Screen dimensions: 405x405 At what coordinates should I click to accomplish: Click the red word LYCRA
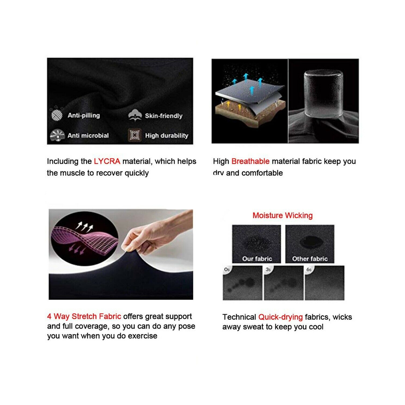[107, 161]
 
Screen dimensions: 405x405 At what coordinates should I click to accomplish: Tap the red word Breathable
[250, 161]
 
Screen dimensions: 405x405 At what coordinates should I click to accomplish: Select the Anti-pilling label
[84, 115]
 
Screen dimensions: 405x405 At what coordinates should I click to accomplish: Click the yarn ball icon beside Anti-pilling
[57, 115]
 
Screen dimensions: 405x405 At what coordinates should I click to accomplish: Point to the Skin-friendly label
[164, 116]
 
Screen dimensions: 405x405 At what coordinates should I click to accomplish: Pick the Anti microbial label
[88, 136]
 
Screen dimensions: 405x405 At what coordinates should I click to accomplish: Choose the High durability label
[167, 136]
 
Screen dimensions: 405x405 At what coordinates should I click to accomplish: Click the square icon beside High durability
[134, 135]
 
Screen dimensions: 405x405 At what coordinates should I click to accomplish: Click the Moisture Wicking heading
[282, 215]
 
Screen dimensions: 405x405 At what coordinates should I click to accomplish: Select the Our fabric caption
[257, 259]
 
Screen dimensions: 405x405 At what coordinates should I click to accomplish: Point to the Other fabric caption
[310, 259]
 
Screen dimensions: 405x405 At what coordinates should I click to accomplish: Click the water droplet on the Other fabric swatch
[310, 241]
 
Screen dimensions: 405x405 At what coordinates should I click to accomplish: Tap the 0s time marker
[227, 269]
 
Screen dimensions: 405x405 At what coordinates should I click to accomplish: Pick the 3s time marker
[268, 269]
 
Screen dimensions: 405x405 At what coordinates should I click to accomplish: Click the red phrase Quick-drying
[281, 317]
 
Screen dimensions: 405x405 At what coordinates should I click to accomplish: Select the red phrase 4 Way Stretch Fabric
[84, 316]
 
